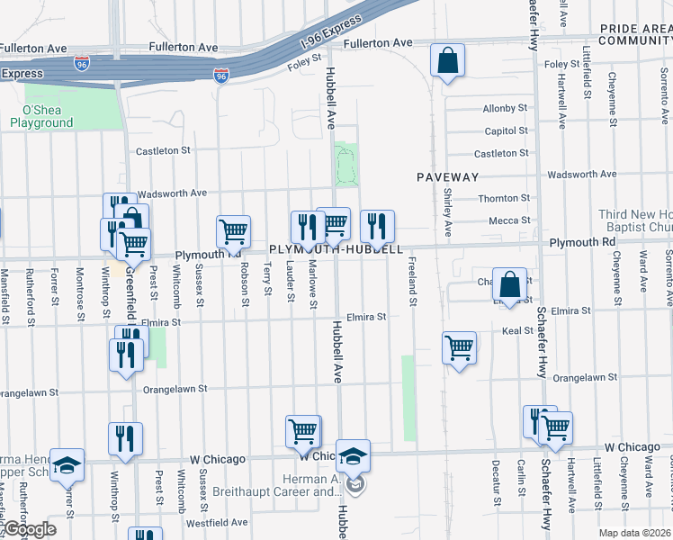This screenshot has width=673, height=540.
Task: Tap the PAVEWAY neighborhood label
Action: click(447, 177)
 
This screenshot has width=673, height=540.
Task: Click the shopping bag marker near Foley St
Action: click(447, 62)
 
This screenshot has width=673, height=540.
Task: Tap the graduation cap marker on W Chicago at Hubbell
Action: click(353, 456)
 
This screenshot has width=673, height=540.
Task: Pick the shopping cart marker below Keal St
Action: click(459, 346)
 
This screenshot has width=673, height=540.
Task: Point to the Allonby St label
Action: click(505, 108)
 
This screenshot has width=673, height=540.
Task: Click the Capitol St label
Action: click(506, 131)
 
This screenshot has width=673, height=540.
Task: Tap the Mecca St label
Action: click(509, 220)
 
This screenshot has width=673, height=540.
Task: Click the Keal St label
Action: click(517, 331)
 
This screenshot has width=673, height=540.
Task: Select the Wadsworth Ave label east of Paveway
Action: click(582, 175)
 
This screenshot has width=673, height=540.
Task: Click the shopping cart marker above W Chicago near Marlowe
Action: click(302, 431)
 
